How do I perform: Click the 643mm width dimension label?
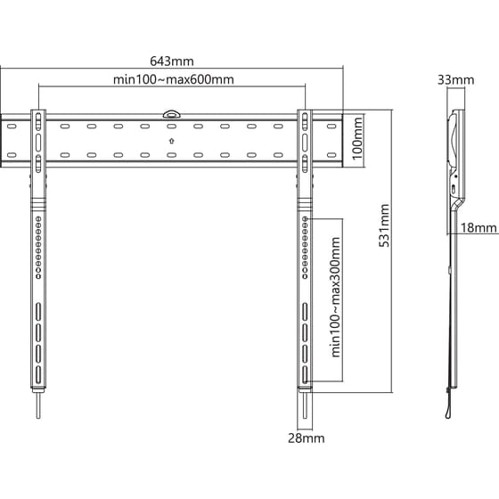172,61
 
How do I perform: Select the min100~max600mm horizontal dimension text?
173,79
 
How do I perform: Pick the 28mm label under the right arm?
305,438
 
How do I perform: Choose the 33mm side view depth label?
456,79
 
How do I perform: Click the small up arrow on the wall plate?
171,140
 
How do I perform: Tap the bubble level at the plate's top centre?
171,113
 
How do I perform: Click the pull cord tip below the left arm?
39,413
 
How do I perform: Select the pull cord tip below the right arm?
305,413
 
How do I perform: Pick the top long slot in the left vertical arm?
38,313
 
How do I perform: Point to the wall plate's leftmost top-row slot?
12,127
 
